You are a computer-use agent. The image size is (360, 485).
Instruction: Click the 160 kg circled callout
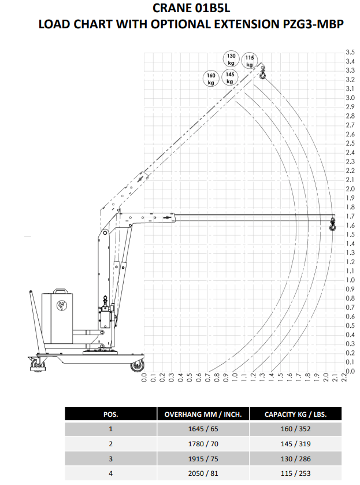211,79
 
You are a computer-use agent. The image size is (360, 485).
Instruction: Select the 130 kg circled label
231,59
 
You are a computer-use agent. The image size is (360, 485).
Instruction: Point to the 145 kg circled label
230,77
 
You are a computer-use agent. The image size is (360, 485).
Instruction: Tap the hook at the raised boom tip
262,73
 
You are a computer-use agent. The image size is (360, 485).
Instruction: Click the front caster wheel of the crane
137,366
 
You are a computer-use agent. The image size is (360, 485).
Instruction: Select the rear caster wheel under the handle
37,365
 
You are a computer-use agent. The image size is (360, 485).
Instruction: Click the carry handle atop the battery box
61,291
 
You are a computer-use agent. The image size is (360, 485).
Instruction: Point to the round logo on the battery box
62,306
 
